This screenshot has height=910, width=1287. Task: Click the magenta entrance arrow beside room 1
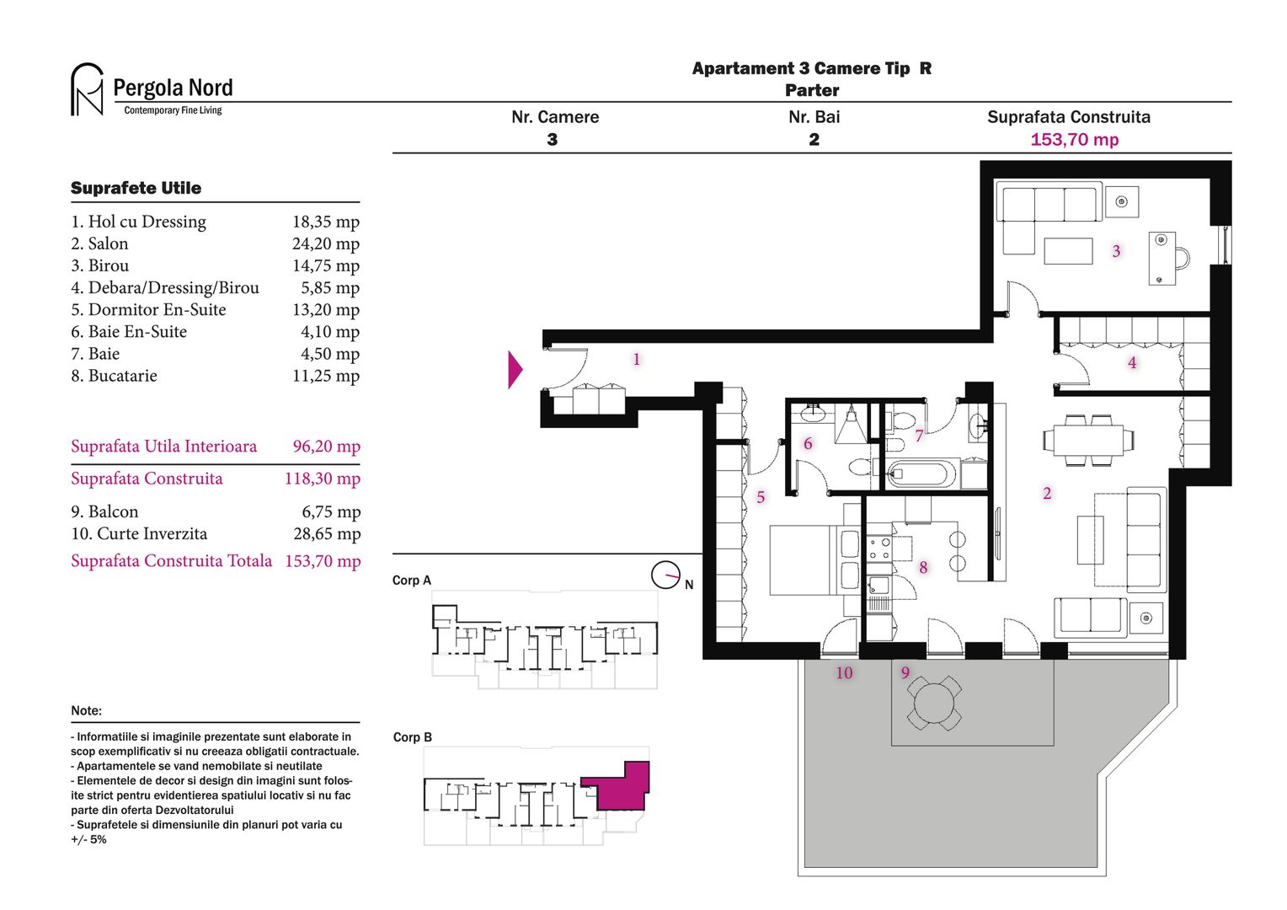515,370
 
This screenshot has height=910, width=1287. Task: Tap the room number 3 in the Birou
1116,251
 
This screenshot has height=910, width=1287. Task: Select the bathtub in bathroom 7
922,474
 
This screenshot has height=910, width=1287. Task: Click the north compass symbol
665,575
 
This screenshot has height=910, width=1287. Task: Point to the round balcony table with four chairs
934,703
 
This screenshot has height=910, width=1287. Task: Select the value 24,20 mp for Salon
325,244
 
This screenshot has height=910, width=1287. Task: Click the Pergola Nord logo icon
87,89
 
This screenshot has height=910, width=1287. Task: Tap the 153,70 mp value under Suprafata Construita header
1074,140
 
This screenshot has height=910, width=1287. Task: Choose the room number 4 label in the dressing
1132,363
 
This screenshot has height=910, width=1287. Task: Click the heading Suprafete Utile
136,188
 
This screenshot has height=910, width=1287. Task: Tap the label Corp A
411,581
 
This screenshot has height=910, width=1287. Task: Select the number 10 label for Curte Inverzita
844,673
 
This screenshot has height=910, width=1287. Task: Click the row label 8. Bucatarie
114,376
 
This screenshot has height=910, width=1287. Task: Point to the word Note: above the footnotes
86,710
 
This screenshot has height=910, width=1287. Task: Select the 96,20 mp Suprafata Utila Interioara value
326,447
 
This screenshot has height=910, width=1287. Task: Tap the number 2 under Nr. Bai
814,140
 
